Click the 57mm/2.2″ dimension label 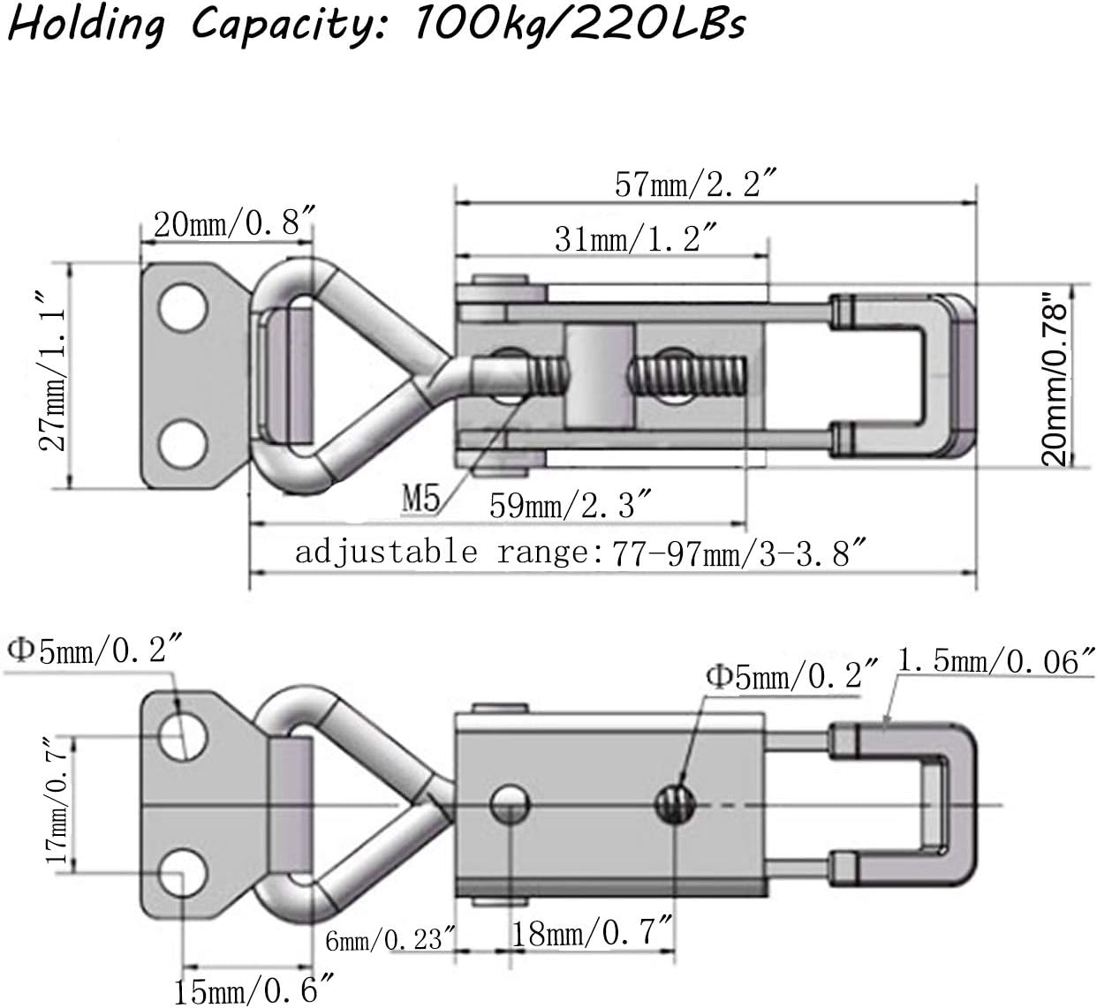pyautogui.click(x=695, y=184)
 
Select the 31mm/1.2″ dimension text pyautogui.click(x=634, y=238)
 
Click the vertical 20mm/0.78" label pyautogui.click(x=1055, y=379)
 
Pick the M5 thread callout pyautogui.click(x=421, y=500)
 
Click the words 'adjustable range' pyautogui.click(x=440, y=553)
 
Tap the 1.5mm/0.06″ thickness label pyautogui.click(x=996, y=660)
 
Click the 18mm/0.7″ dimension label pyautogui.click(x=593, y=934)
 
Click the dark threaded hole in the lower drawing pyautogui.click(x=676, y=803)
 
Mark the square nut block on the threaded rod pyautogui.click(x=600, y=375)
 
